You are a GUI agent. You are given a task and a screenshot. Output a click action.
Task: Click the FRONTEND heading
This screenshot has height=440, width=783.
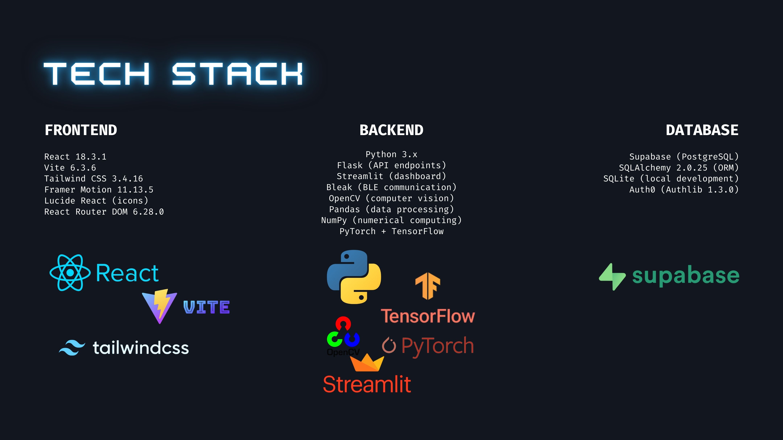pos(81,130)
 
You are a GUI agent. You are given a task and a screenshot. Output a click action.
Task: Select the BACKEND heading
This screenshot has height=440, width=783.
pos(391,130)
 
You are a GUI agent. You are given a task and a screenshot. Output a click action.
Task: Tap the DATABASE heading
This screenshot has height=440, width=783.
pos(702,130)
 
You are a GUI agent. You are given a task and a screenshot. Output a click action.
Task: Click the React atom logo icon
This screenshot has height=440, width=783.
pos(70,273)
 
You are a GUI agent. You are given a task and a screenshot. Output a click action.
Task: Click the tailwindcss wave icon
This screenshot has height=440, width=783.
pos(72,348)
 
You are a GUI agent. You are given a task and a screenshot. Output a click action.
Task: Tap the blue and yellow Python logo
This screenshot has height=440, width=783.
pos(354,277)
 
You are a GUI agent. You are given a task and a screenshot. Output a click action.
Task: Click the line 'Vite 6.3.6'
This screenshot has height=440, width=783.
pos(70,168)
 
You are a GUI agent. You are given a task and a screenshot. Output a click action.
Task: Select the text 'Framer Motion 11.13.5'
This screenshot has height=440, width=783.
pos(99,189)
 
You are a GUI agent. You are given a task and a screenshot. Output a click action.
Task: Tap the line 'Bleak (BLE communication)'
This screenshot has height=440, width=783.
pos(391,187)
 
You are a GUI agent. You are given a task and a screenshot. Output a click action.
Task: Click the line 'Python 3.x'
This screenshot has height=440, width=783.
pos(391,154)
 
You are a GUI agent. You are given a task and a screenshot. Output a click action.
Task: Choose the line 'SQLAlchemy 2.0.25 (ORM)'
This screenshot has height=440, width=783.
pos(678,168)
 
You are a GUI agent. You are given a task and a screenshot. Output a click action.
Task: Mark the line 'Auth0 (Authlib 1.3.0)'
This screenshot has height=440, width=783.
pos(684,189)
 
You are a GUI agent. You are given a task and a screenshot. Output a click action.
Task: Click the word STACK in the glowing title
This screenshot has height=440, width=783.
pos(237,74)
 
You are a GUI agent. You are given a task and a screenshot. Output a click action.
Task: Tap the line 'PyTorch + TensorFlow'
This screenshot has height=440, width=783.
pos(391,231)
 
